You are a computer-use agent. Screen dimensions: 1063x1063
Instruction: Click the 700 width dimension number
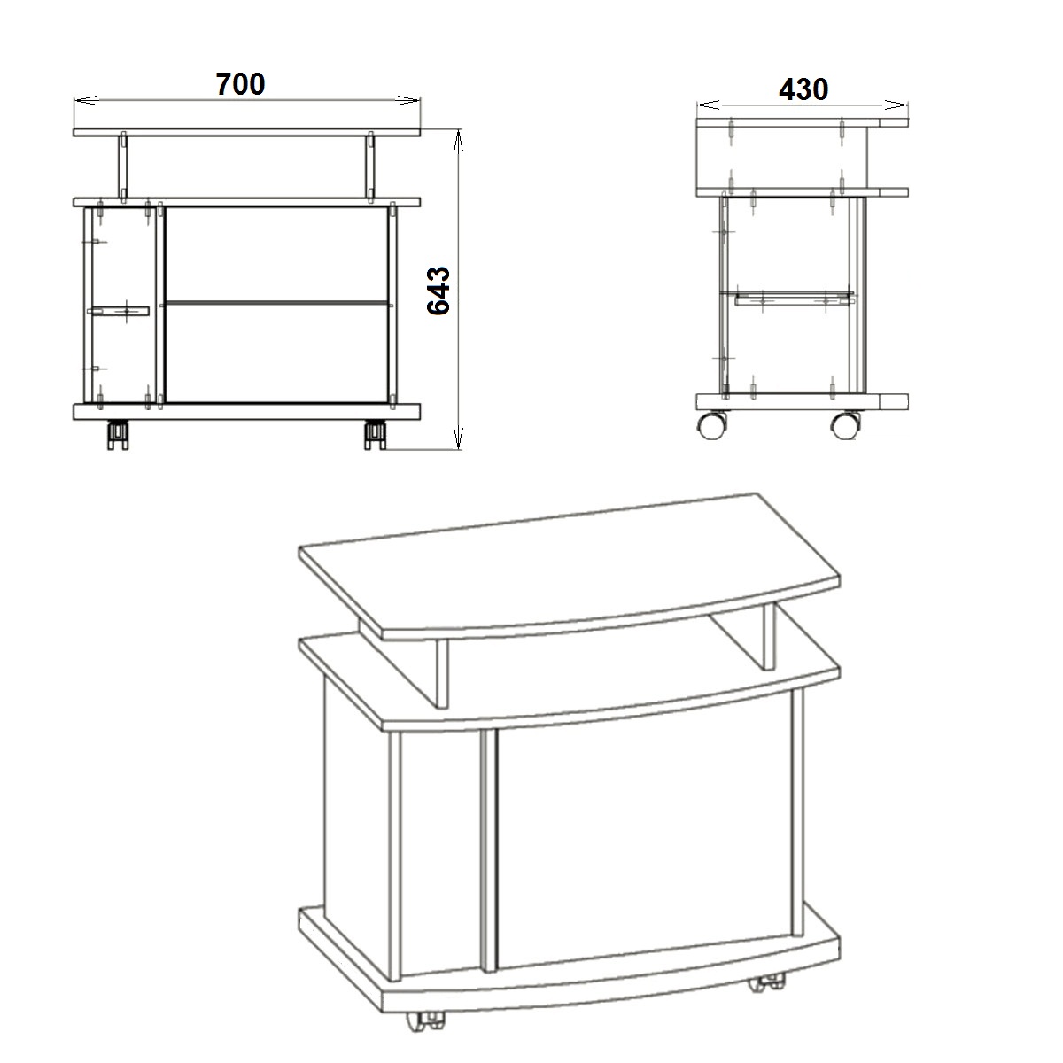pyautogui.click(x=240, y=84)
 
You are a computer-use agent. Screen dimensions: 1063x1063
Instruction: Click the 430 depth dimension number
pyautogui.click(x=803, y=89)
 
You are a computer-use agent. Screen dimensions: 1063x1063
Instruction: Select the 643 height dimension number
pyautogui.click(x=439, y=291)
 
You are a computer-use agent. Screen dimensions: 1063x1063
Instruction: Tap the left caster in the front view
pyautogui.click(x=118, y=435)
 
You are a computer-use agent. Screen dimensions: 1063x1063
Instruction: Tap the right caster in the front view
pyautogui.click(x=375, y=435)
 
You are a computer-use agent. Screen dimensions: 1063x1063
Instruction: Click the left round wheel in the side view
pyautogui.click(x=712, y=425)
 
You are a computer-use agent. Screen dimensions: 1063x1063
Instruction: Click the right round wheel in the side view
pyautogui.click(x=846, y=425)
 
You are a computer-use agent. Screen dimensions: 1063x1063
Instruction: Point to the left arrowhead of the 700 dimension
pyautogui.click(x=86, y=100)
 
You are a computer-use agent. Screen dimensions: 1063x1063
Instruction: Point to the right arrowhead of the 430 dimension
pyautogui.click(x=896, y=105)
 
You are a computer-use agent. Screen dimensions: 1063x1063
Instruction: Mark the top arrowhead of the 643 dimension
pyautogui.click(x=458, y=140)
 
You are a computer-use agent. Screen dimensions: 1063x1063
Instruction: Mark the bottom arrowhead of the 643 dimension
pyautogui.click(x=458, y=438)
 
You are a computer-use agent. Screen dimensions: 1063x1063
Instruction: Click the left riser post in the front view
pyautogui.click(x=123, y=165)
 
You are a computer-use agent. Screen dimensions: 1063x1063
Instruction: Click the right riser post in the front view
pyautogui.click(x=370, y=165)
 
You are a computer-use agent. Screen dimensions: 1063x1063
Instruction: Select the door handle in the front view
pyautogui.click(x=118, y=312)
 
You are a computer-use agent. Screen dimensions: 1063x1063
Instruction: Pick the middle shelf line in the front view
pyautogui.click(x=277, y=303)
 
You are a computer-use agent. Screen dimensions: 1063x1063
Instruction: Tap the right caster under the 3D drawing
pyautogui.click(x=767, y=985)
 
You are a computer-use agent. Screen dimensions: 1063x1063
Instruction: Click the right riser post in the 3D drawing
pyautogui.click(x=769, y=637)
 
